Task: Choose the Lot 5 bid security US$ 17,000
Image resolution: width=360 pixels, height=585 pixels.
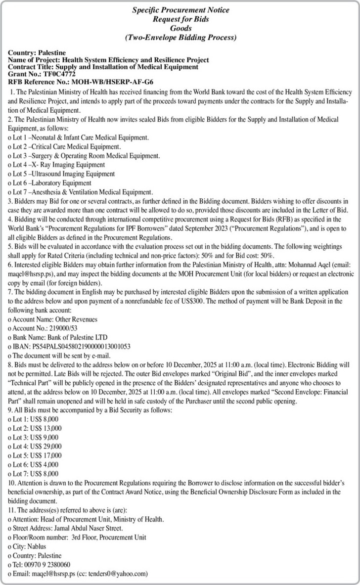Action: (45, 455)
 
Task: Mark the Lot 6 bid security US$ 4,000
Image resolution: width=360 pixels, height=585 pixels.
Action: (44, 464)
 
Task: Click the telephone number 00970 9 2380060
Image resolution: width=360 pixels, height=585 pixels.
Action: (47, 564)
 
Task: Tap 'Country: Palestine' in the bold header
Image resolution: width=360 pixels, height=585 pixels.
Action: (37, 53)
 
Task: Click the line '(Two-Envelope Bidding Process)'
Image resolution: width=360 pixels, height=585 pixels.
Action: (180, 37)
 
